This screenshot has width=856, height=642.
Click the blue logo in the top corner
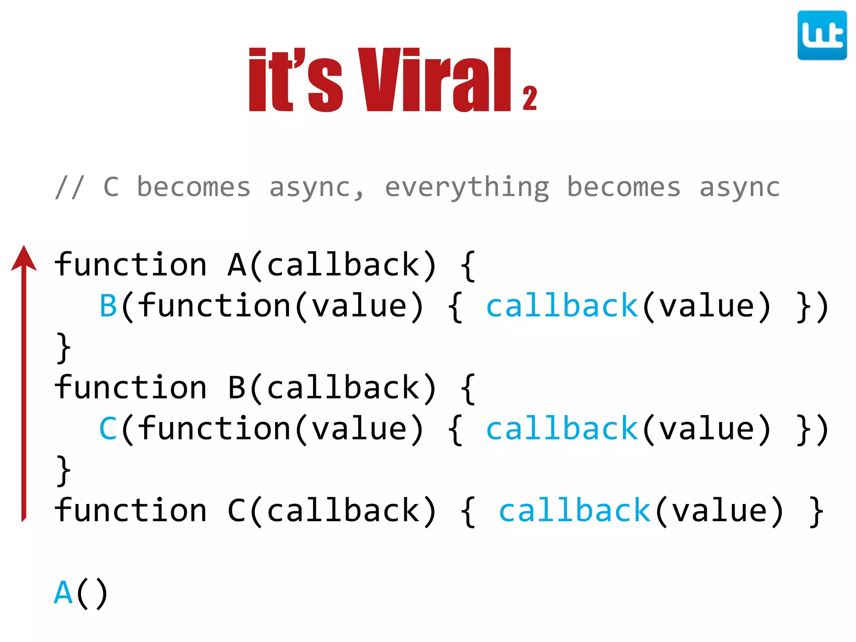[x=822, y=36]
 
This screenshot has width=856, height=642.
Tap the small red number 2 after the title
[x=530, y=99]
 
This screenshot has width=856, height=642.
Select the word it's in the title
[x=296, y=80]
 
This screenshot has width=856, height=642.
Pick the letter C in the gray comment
[x=111, y=187]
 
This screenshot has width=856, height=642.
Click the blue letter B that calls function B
[x=108, y=306]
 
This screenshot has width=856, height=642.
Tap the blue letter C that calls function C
[x=108, y=429]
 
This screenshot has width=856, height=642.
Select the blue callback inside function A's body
[x=562, y=306]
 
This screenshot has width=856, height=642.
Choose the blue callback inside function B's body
[x=562, y=429]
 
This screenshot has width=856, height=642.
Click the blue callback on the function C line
[x=575, y=511]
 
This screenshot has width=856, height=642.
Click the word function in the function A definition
[x=131, y=265]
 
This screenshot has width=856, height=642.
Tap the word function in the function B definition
[x=131, y=388]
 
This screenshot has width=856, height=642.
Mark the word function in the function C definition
[x=131, y=511]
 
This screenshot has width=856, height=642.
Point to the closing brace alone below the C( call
[x=64, y=471]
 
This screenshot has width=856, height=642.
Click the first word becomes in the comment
[x=194, y=187]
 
